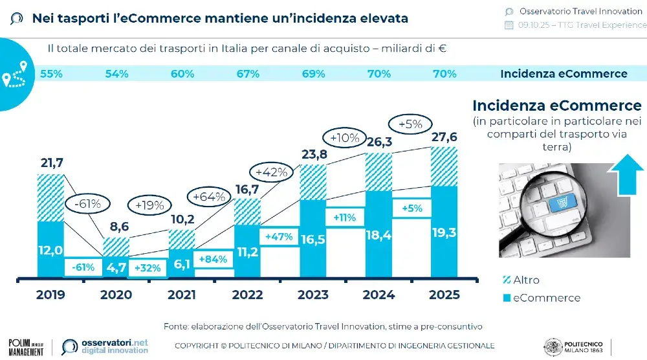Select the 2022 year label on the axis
click(247, 295)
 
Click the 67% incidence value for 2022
click(248, 74)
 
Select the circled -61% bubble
click(87, 205)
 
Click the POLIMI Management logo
click(26, 346)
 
